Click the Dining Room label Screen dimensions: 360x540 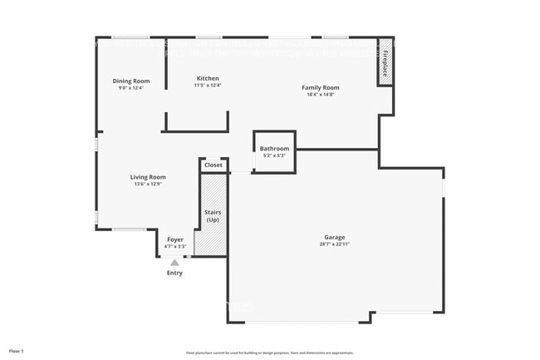click(x=130, y=81)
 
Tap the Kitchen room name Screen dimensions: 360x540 click(x=207, y=78)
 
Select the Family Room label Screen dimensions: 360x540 click(x=320, y=87)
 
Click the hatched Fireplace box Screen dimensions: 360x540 click(x=385, y=62)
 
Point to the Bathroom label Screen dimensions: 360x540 click(x=274, y=149)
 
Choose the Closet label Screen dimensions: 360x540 click(x=214, y=165)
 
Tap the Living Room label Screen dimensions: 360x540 click(x=148, y=176)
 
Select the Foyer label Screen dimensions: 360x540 click(x=174, y=239)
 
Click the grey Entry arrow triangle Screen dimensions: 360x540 click(x=174, y=262)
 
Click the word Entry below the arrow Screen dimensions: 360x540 click(x=174, y=273)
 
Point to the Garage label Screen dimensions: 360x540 click(x=335, y=237)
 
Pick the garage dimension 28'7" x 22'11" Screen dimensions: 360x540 click(x=335, y=244)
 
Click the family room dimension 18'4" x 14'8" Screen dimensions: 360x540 click(x=320, y=95)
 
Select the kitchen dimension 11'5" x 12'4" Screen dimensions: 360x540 click(x=207, y=86)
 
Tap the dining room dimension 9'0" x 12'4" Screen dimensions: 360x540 click(x=130, y=88)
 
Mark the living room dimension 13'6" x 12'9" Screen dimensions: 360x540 click(x=148, y=184)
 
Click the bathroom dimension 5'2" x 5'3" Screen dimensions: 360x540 click(x=274, y=156)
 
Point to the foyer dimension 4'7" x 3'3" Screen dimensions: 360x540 click(x=174, y=247)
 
